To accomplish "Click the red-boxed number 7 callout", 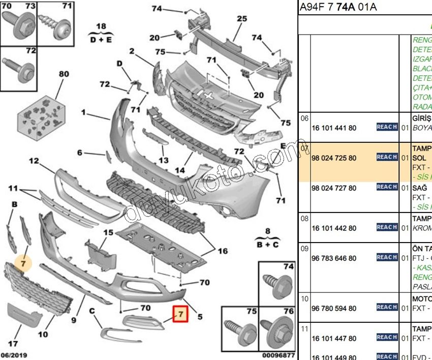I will point(180,315).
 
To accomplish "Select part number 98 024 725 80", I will point(334,158).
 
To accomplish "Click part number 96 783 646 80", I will point(334,258).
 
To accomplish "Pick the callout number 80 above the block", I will point(64,74).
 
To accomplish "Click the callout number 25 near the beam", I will point(241,19).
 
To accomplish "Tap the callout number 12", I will point(34,161).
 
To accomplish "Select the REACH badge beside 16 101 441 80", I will point(387,127).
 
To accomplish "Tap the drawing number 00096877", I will point(279,355).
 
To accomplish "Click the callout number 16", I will point(223,251).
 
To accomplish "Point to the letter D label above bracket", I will point(120,63).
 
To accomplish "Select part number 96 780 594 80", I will point(334,308).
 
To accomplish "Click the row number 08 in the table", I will point(304,218).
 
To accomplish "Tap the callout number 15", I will point(108,232).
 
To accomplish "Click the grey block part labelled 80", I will point(41,116).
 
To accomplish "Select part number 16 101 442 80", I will point(334,228).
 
